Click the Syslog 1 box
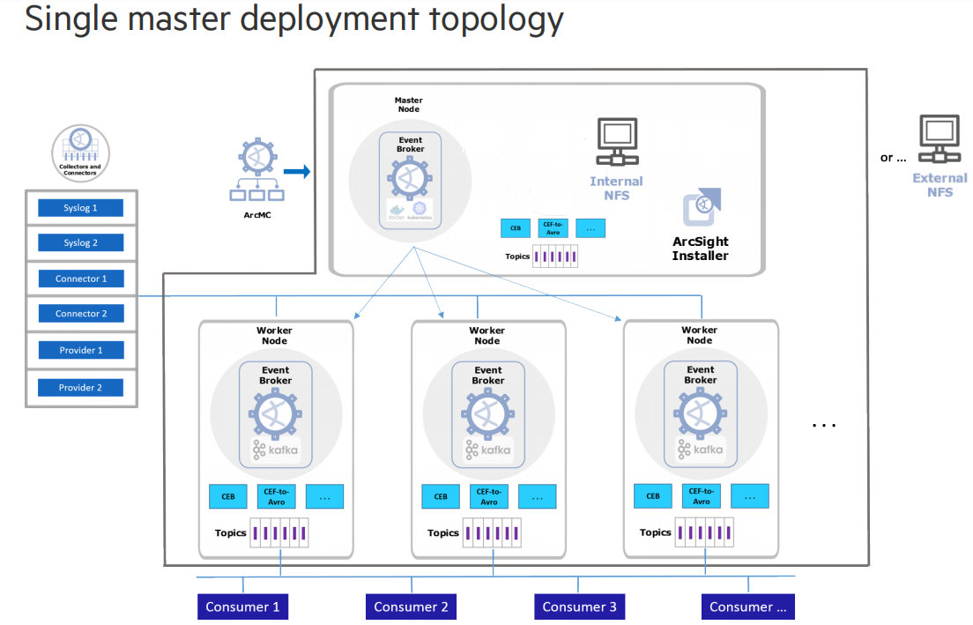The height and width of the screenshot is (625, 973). [x=80, y=208]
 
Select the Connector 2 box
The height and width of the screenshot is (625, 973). [x=80, y=313]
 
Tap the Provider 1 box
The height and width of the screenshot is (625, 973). [x=80, y=350]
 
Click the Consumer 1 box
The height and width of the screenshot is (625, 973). [x=242, y=606]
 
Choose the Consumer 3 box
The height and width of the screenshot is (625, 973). [x=579, y=606]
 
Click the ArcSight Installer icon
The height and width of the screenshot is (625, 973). [x=702, y=208]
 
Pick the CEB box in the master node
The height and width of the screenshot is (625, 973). [x=516, y=227]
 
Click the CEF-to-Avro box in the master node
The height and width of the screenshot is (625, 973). [x=553, y=227]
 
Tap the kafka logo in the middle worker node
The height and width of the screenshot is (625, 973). [x=487, y=450]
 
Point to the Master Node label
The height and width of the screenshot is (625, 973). [x=408, y=104]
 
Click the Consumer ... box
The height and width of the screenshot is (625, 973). [x=747, y=606]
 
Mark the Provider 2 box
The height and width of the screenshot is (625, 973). [x=80, y=387]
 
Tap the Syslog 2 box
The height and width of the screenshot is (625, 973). [x=80, y=242]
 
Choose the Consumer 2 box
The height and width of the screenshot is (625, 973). [x=411, y=606]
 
